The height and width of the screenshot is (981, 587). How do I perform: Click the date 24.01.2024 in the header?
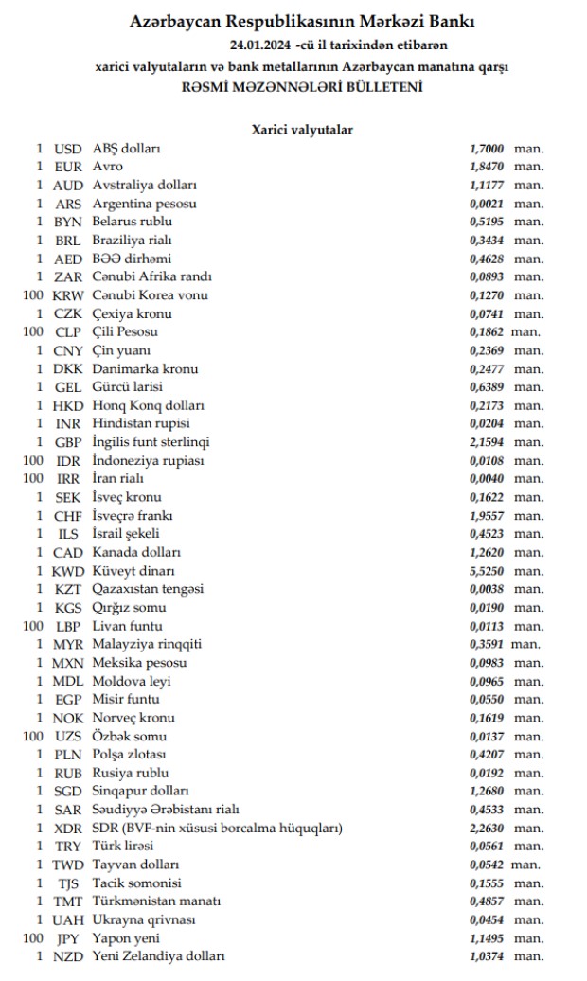[x=260, y=45]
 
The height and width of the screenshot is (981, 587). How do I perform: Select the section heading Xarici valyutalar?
[x=303, y=129]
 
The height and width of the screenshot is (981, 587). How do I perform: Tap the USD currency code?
[x=68, y=149]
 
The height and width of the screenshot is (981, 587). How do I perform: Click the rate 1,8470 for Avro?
[x=487, y=167]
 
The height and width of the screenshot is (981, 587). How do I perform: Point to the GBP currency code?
[x=68, y=442]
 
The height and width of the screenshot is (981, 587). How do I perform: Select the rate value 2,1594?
[x=487, y=442]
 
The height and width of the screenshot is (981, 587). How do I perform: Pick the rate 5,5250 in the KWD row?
[x=487, y=571]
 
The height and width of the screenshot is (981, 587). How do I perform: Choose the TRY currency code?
[x=68, y=847]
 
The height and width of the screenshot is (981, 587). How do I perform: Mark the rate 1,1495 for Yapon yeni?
[x=487, y=938]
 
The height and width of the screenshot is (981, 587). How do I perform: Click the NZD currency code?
[x=68, y=956]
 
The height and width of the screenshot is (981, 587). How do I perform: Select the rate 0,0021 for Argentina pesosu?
[x=487, y=204]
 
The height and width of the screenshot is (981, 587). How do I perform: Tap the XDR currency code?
[x=68, y=828]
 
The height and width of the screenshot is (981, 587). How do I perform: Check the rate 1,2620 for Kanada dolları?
[x=487, y=552]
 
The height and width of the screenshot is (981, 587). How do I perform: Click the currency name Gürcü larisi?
[x=128, y=387]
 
